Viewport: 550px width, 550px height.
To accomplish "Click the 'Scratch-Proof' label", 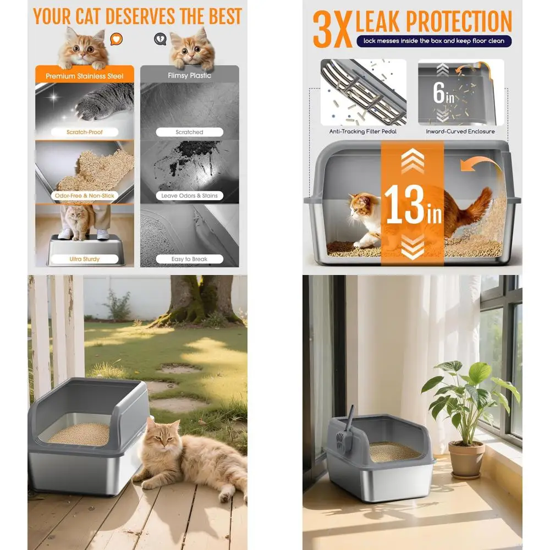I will coord(85,132).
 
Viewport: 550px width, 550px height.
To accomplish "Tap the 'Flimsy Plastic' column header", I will coord(189,75).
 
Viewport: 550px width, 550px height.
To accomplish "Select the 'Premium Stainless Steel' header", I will coord(85,76).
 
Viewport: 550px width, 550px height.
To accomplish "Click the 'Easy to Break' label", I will coord(189,259).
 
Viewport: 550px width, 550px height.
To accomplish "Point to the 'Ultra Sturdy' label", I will coord(84,259).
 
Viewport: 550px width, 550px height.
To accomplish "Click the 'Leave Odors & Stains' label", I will coord(189,195).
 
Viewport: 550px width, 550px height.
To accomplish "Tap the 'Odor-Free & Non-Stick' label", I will coord(85,195).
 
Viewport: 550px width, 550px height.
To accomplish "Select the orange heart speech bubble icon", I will coord(116,39).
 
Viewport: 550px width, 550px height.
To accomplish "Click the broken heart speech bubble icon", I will coord(159,39).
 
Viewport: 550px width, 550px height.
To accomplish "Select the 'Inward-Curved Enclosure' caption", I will coord(460,131).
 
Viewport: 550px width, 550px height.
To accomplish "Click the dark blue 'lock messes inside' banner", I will coord(433,41).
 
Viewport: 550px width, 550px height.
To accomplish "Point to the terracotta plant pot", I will coord(466,459).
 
